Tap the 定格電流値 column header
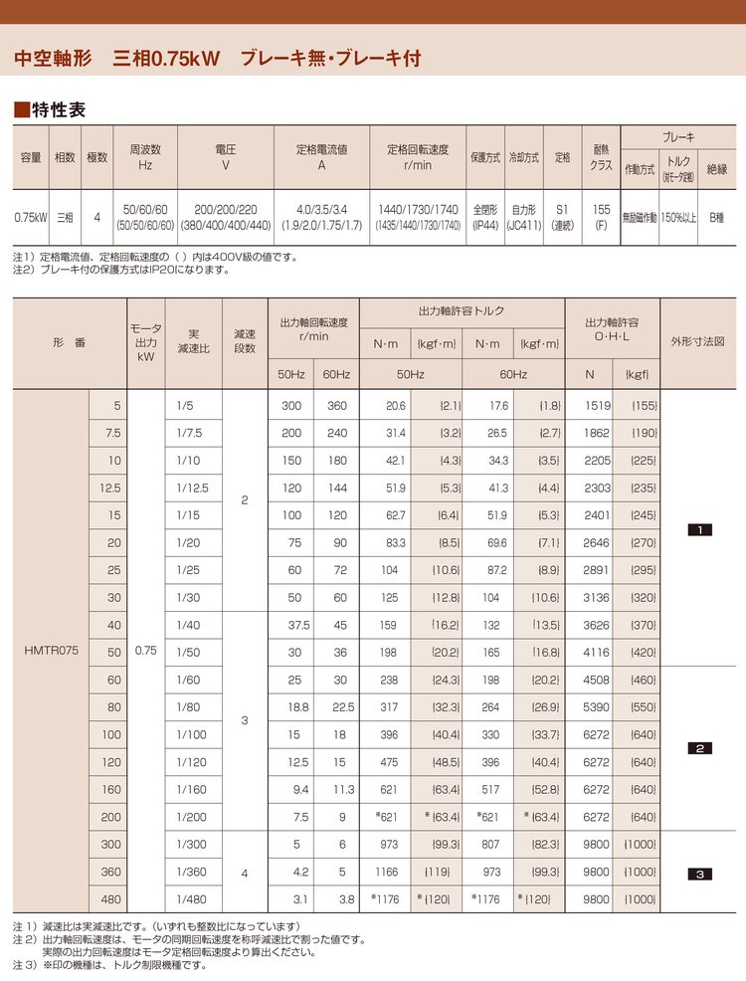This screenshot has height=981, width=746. click(321, 157)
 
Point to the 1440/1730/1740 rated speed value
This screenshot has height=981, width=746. click(418, 210)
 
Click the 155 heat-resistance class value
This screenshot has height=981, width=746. click(601, 210)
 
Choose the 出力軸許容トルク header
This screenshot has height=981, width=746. click(461, 311)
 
